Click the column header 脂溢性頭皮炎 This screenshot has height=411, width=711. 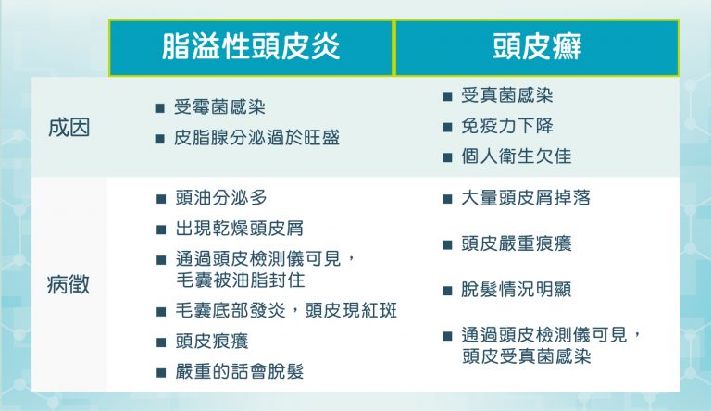[251, 46]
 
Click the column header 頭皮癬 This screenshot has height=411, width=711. [537, 46]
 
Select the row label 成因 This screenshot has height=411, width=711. [69, 128]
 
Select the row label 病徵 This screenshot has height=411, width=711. [69, 285]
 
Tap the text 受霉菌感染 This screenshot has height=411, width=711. [220, 107]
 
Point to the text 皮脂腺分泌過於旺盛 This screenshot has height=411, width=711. [257, 138]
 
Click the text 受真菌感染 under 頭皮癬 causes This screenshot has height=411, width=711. [507, 95]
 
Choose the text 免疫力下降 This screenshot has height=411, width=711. [507, 126]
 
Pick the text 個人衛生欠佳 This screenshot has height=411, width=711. [517, 156]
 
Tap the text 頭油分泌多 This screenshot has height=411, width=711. [221, 198]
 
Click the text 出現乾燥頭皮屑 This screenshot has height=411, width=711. [240, 229]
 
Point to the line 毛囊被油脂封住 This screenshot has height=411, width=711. [241, 280]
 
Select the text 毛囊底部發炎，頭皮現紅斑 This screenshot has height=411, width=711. [286, 311]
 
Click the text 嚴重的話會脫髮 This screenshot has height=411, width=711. [240, 371]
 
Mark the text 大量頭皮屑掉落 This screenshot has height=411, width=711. [526, 198]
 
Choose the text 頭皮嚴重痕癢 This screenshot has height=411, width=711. [517, 243]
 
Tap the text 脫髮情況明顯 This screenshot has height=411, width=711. [517, 290]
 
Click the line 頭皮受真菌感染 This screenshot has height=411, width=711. [527, 356]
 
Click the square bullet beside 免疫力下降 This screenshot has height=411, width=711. [447, 127]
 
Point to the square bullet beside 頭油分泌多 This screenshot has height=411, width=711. [161, 199]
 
